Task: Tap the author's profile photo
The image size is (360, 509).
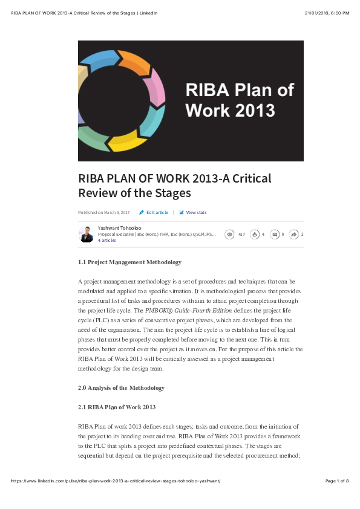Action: coord(87,235)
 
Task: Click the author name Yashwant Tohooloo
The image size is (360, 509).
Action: coord(119,228)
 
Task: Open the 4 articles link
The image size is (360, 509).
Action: coord(106,241)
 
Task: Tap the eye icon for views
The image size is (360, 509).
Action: coord(229,235)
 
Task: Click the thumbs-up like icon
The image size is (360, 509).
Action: coord(255,235)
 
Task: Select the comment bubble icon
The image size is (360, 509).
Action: coord(275,235)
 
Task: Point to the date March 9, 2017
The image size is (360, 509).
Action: coord(117,213)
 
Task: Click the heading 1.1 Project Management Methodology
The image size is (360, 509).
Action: coord(129,262)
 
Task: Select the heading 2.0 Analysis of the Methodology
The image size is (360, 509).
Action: coord(121,387)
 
